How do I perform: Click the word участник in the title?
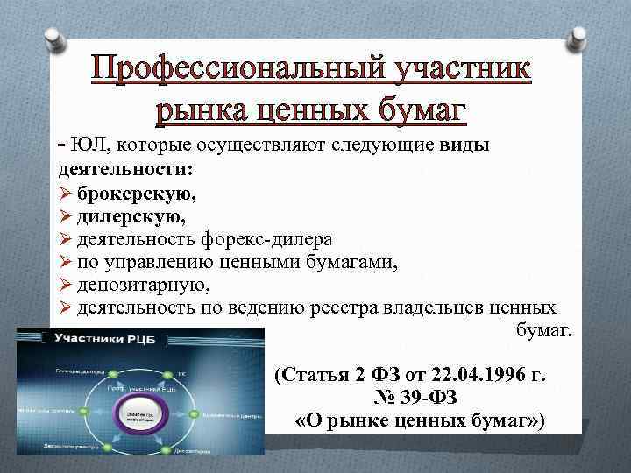click(x=455, y=69)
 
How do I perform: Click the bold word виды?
click(x=462, y=145)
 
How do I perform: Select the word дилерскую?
click(x=131, y=215)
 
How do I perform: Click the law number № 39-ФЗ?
click(x=411, y=399)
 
